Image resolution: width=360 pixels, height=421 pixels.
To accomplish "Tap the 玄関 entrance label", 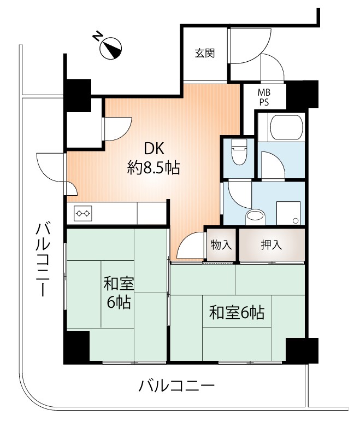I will [204, 54].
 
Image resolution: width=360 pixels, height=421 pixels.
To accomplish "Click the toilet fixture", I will [239, 152].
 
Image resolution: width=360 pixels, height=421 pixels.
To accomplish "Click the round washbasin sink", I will [255, 216].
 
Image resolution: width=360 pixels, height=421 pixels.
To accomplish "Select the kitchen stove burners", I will [83, 212].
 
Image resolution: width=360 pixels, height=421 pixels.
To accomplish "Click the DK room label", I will [154, 149].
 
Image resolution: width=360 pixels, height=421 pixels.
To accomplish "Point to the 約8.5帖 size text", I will [154, 168].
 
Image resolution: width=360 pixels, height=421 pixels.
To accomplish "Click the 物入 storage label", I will [221, 245].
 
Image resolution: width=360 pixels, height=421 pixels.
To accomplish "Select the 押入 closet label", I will [271, 245].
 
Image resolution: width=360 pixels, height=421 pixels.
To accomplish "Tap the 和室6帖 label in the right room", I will [237, 313].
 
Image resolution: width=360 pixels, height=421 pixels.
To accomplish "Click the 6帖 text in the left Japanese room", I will [119, 302].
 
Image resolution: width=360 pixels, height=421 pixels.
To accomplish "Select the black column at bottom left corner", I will [76, 346].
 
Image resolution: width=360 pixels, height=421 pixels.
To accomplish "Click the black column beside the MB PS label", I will [302, 94].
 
